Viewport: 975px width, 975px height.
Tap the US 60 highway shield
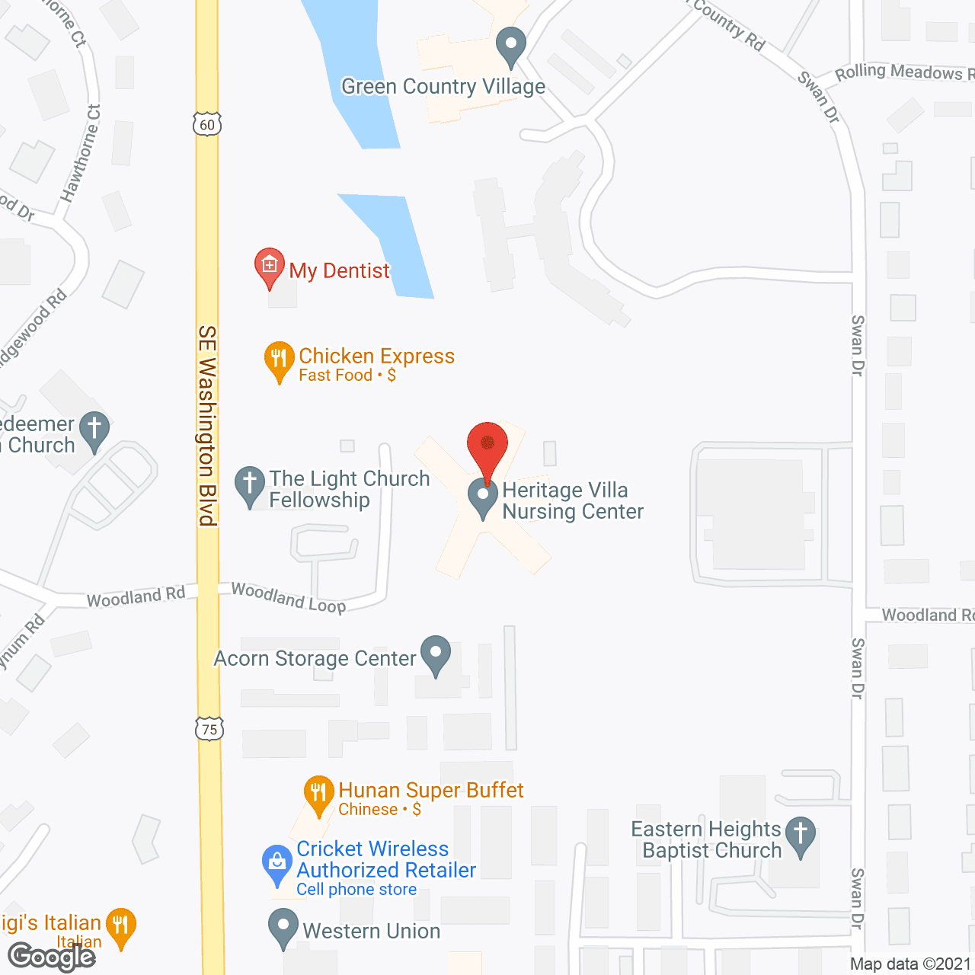(x=207, y=124)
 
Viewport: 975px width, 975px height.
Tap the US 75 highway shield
(x=209, y=729)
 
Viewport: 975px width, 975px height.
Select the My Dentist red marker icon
(x=269, y=267)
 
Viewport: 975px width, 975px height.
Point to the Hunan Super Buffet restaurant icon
(x=319, y=794)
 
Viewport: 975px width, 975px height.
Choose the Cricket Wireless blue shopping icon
(x=277, y=863)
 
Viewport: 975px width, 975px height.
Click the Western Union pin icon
(x=283, y=927)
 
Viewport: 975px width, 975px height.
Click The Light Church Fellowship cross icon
(x=250, y=484)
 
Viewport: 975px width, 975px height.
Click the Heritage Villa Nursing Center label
(x=573, y=500)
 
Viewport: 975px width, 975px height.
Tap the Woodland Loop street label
(x=289, y=597)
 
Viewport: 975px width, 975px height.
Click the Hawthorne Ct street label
(x=82, y=153)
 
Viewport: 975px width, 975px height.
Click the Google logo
(x=52, y=957)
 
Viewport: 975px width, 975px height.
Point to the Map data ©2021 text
(x=910, y=964)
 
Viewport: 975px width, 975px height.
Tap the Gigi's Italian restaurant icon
(x=120, y=926)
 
